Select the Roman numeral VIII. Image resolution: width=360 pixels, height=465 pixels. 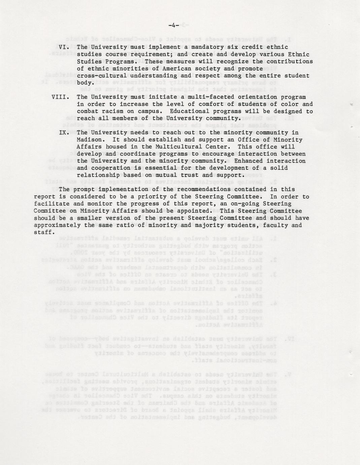[x=61, y=97]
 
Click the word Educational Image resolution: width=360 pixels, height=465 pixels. [x=188, y=112]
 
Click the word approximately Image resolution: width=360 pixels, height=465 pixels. [x=55, y=225]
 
